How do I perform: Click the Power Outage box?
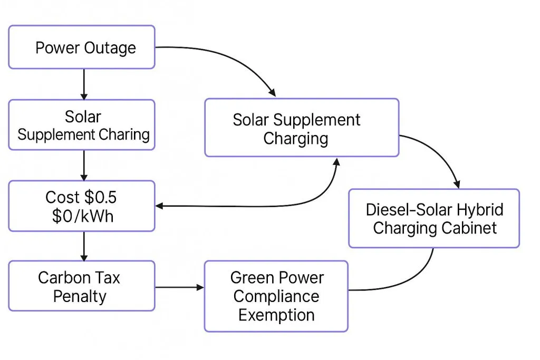(82, 47)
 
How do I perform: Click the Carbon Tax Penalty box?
(82, 286)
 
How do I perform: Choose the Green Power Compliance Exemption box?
(276, 296)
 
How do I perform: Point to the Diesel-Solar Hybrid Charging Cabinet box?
(434, 218)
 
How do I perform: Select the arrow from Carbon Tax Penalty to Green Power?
(179, 287)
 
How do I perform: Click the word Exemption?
(276, 315)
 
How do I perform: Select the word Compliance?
(276, 296)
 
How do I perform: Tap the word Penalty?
(80, 296)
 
